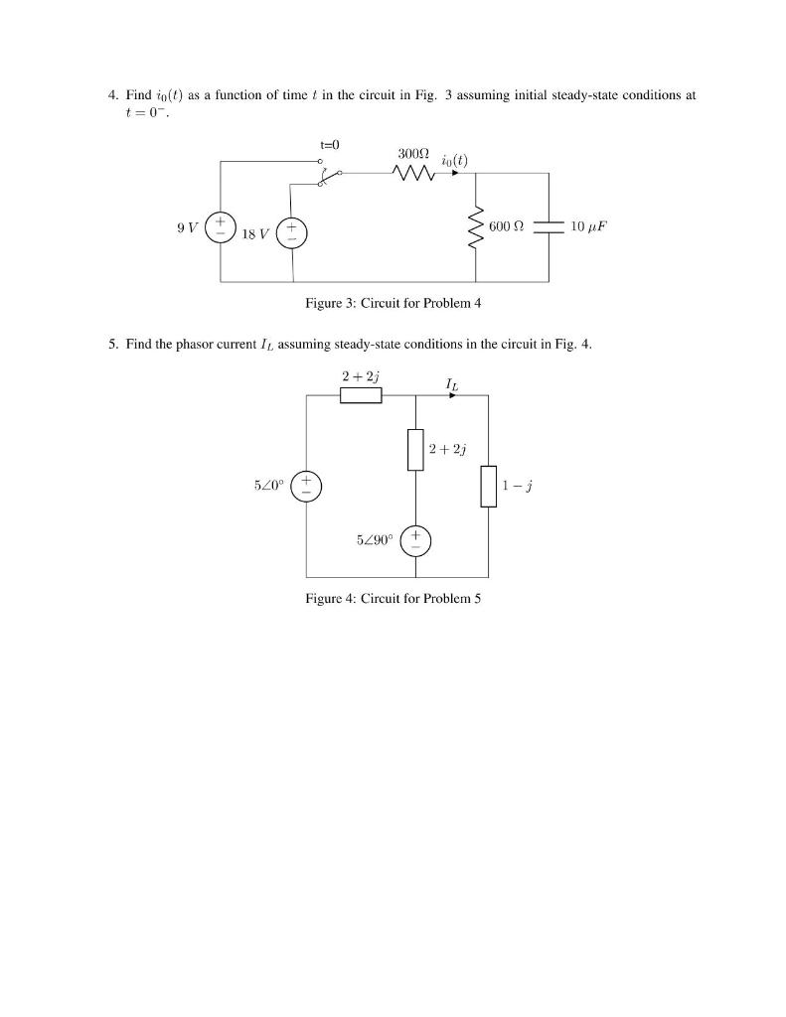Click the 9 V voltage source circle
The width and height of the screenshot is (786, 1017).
click(221, 226)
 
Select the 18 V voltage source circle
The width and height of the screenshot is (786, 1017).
click(292, 234)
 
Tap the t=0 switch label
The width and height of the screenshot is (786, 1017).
click(330, 144)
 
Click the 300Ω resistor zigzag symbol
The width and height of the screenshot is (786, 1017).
click(412, 174)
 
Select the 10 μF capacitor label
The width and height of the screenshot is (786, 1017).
click(587, 226)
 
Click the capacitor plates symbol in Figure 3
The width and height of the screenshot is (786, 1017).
click(549, 226)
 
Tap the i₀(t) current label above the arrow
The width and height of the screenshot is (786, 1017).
click(454, 159)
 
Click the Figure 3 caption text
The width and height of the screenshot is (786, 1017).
click(393, 303)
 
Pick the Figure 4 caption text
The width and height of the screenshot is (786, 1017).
click(393, 598)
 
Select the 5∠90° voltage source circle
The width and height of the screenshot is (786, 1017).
click(415, 540)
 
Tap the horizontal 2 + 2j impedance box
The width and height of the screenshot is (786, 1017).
click(361, 395)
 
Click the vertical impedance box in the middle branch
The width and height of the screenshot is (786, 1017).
click(415, 449)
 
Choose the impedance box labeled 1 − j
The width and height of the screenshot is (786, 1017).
click(488, 486)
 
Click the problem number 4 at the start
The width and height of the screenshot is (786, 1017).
click(113, 95)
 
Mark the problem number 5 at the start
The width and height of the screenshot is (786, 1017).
click(113, 345)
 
